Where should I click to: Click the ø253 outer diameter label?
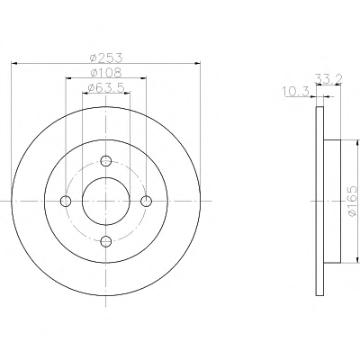[x=106, y=58]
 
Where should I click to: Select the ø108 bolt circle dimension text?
[x=106, y=72]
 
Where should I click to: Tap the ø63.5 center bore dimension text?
[x=106, y=87]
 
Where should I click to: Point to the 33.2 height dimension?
[x=328, y=78]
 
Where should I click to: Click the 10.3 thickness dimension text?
[x=296, y=92]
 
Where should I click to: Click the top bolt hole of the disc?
[x=106, y=161]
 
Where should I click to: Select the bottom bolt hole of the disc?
[x=106, y=241]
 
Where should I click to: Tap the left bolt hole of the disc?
[x=66, y=201]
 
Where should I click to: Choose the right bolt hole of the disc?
[x=146, y=201]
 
